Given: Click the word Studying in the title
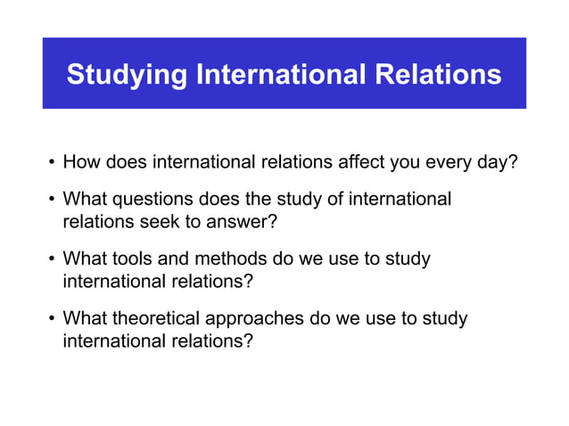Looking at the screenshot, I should click(x=127, y=75).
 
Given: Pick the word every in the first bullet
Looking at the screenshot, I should click(x=449, y=163).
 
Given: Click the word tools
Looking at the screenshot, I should click(x=132, y=259).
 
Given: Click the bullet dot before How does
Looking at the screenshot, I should click(x=53, y=164).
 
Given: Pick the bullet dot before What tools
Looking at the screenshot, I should click(x=53, y=260).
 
